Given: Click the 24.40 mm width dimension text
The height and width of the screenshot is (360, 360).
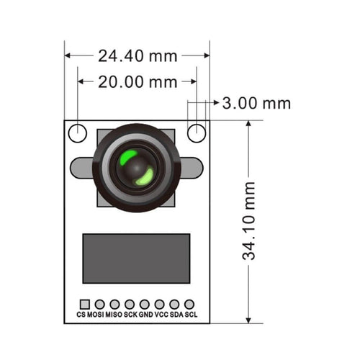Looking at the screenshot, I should pyautogui.click(x=137, y=55).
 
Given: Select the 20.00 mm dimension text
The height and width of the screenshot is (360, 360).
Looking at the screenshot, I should pyautogui.click(x=138, y=81).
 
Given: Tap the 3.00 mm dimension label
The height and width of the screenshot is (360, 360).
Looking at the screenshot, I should pyautogui.click(x=256, y=103).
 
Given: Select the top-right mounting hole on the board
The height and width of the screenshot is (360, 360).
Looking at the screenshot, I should pyautogui.click(x=197, y=132).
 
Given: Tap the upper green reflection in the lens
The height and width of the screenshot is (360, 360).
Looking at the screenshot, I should pyautogui.click(x=128, y=158).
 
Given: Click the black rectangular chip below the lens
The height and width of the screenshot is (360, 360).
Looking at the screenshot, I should pyautogui.click(x=136, y=258).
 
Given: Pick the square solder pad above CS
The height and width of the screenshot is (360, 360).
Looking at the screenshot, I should pyautogui.click(x=84, y=305).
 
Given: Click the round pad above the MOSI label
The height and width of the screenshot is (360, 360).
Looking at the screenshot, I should pyautogui.click(x=99, y=305).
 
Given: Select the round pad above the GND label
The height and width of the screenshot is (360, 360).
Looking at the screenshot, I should pyautogui.click(x=145, y=305).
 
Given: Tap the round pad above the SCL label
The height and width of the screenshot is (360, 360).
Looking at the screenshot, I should pyautogui.click(x=189, y=305).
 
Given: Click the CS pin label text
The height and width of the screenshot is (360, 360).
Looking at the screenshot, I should pyautogui.click(x=81, y=315).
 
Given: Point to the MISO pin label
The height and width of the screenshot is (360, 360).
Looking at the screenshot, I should pyautogui.click(x=114, y=315).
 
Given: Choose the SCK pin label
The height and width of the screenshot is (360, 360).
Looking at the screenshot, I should pyautogui.click(x=130, y=315).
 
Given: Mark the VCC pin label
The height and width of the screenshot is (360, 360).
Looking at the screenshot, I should pyautogui.click(x=161, y=315).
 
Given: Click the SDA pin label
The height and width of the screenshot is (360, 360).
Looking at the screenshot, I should pyautogui.click(x=176, y=315).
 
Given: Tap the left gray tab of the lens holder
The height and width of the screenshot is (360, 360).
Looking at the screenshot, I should pyautogui.click(x=79, y=167).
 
